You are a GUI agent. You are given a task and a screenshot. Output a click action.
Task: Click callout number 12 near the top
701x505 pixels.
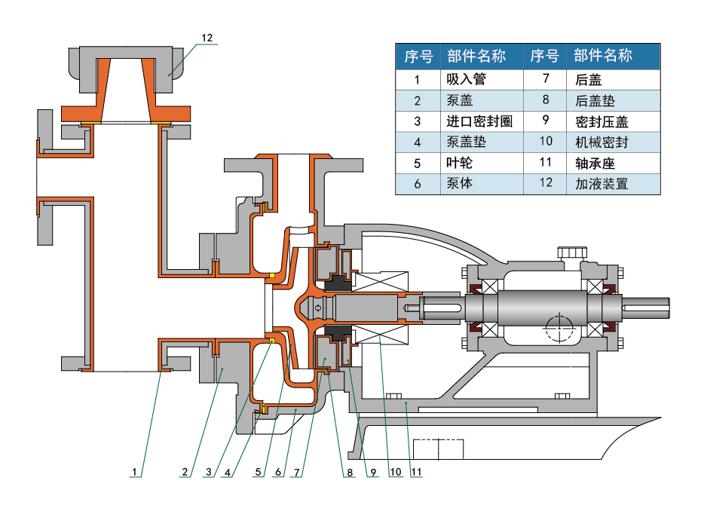[x=208, y=37]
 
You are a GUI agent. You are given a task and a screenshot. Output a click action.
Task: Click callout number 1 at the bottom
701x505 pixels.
[x=134, y=473]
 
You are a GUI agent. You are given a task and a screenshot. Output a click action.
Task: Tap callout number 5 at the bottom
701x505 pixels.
[x=257, y=473]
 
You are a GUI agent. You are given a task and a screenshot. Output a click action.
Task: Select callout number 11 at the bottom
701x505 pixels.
[x=415, y=473]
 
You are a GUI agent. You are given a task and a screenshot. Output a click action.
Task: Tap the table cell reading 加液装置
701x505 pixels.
[x=601, y=183]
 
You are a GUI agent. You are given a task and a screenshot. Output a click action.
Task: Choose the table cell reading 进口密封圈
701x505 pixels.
[x=479, y=121]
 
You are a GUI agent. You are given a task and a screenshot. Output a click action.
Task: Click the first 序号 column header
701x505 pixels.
[x=418, y=56]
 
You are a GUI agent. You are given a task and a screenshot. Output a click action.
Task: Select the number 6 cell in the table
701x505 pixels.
[x=417, y=183]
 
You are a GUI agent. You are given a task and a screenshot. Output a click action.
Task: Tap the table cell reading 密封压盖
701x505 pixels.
[x=601, y=121]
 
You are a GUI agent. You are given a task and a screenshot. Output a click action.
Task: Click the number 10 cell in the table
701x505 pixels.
[x=546, y=142]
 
